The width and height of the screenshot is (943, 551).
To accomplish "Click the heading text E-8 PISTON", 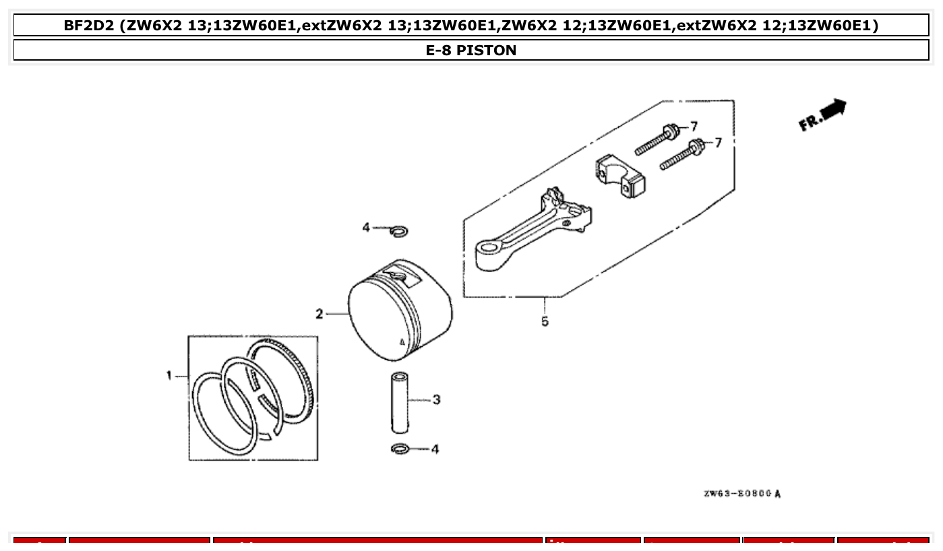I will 471,51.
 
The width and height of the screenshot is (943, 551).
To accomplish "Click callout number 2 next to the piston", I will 320,314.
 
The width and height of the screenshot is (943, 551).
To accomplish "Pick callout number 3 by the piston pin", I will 436,400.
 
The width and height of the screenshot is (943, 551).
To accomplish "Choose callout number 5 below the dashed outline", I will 545,322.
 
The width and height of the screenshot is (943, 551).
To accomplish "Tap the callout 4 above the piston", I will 366,228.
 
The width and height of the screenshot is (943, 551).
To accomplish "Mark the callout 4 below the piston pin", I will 435,449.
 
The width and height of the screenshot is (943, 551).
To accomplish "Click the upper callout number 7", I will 694,127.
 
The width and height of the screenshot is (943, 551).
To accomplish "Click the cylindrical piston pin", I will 398,402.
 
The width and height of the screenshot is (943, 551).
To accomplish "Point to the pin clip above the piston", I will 398,232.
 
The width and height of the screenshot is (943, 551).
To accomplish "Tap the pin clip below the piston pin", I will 399,449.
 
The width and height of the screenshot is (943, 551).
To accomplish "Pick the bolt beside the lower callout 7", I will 681,155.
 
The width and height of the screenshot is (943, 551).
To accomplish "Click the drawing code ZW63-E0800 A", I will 742,494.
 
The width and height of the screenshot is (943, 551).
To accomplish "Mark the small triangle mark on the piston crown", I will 402,342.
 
